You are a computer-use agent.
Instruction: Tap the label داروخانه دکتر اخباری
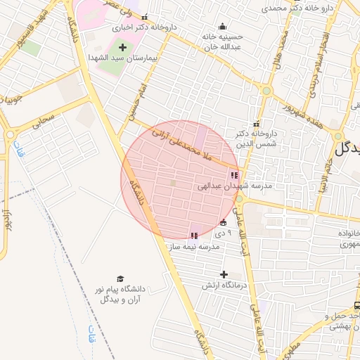[x=146, y=28]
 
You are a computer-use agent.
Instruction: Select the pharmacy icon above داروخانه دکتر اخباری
[x=145, y=18]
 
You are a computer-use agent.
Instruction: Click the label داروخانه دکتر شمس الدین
[x=257, y=137]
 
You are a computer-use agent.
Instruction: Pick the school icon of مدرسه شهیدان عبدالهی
[x=234, y=175]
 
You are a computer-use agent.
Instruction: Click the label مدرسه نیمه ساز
[x=200, y=247]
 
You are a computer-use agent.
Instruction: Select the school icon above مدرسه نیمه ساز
[x=194, y=236]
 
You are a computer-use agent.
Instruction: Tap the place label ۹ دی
[x=220, y=232]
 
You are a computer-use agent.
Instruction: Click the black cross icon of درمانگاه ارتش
[x=224, y=274]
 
